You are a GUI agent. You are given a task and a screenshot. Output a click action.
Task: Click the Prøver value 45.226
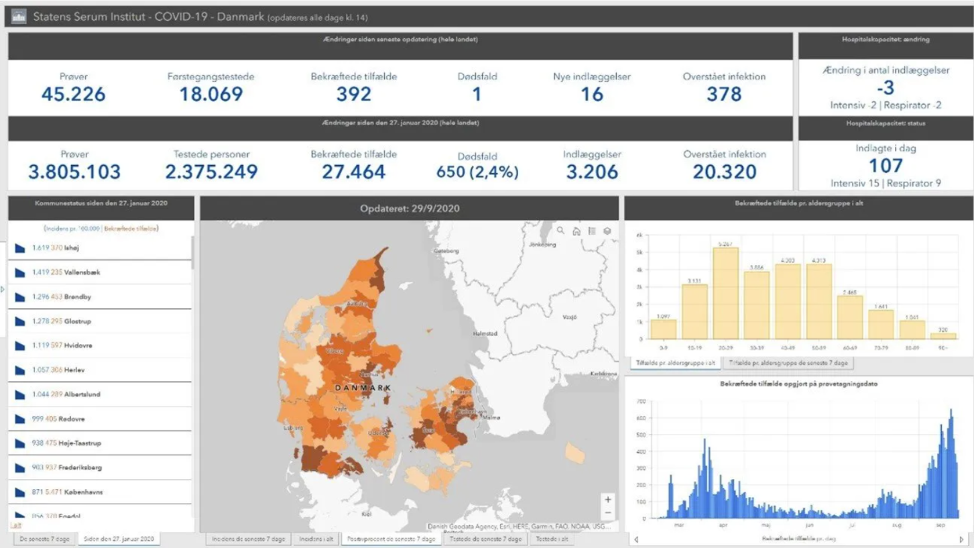click(x=74, y=94)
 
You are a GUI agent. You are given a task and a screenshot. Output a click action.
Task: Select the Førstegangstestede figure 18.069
click(x=210, y=94)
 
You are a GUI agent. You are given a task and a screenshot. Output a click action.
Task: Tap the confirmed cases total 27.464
click(x=353, y=172)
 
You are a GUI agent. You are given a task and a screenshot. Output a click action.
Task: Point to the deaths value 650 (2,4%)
click(x=477, y=172)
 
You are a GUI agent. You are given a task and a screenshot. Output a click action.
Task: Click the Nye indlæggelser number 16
click(x=592, y=94)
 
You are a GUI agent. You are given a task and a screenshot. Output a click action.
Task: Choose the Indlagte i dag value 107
click(x=886, y=166)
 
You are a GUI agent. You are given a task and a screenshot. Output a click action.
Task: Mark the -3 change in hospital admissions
click(x=886, y=88)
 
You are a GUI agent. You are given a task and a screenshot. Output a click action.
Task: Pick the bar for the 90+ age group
click(x=942, y=335)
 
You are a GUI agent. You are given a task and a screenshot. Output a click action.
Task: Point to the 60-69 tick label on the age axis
click(x=850, y=347)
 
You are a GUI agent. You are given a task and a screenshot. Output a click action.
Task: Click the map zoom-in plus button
click(x=607, y=500)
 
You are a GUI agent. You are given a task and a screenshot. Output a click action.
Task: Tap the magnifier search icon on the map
click(x=560, y=231)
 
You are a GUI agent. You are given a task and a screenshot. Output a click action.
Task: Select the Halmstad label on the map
click(x=485, y=333)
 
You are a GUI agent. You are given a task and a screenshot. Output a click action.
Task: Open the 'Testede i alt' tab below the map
click(x=551, y=539)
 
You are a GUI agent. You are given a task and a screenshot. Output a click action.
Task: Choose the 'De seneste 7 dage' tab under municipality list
click(x=44, y=539)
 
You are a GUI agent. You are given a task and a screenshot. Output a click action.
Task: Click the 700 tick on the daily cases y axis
click(x=641, y=402)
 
